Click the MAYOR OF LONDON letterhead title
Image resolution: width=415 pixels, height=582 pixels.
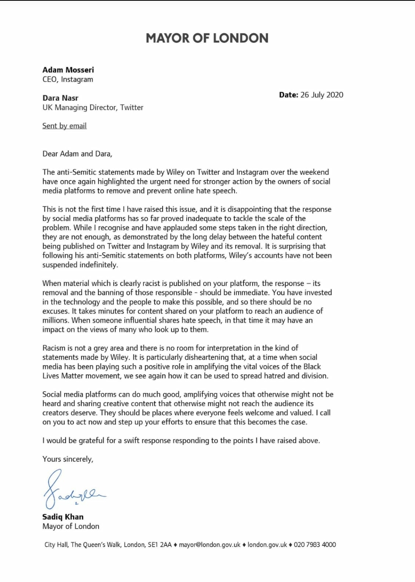coord(207,38)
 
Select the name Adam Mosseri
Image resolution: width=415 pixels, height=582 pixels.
coord(68,70)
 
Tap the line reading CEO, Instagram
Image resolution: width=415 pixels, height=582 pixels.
coord(68,79)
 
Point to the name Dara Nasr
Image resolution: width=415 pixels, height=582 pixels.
coord(60,98)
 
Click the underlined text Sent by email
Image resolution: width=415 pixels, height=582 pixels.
coord(64,126)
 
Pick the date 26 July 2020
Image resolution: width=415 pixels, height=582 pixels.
coord(322,95)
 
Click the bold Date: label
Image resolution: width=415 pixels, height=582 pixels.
coord(289,95)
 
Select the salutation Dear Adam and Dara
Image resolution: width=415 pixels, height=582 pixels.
coord(77,154)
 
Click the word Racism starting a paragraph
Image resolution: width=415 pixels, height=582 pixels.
coord(54,348)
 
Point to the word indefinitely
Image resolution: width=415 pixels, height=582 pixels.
coord(99,265)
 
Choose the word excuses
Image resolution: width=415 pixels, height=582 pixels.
coord(56,311)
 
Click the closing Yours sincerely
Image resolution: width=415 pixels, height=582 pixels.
coord(68,459)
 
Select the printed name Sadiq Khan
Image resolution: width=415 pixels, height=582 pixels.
coord(63,517)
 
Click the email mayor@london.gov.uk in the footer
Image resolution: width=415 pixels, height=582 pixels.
coord(209,545)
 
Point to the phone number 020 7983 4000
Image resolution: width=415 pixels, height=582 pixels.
coord(315,545)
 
